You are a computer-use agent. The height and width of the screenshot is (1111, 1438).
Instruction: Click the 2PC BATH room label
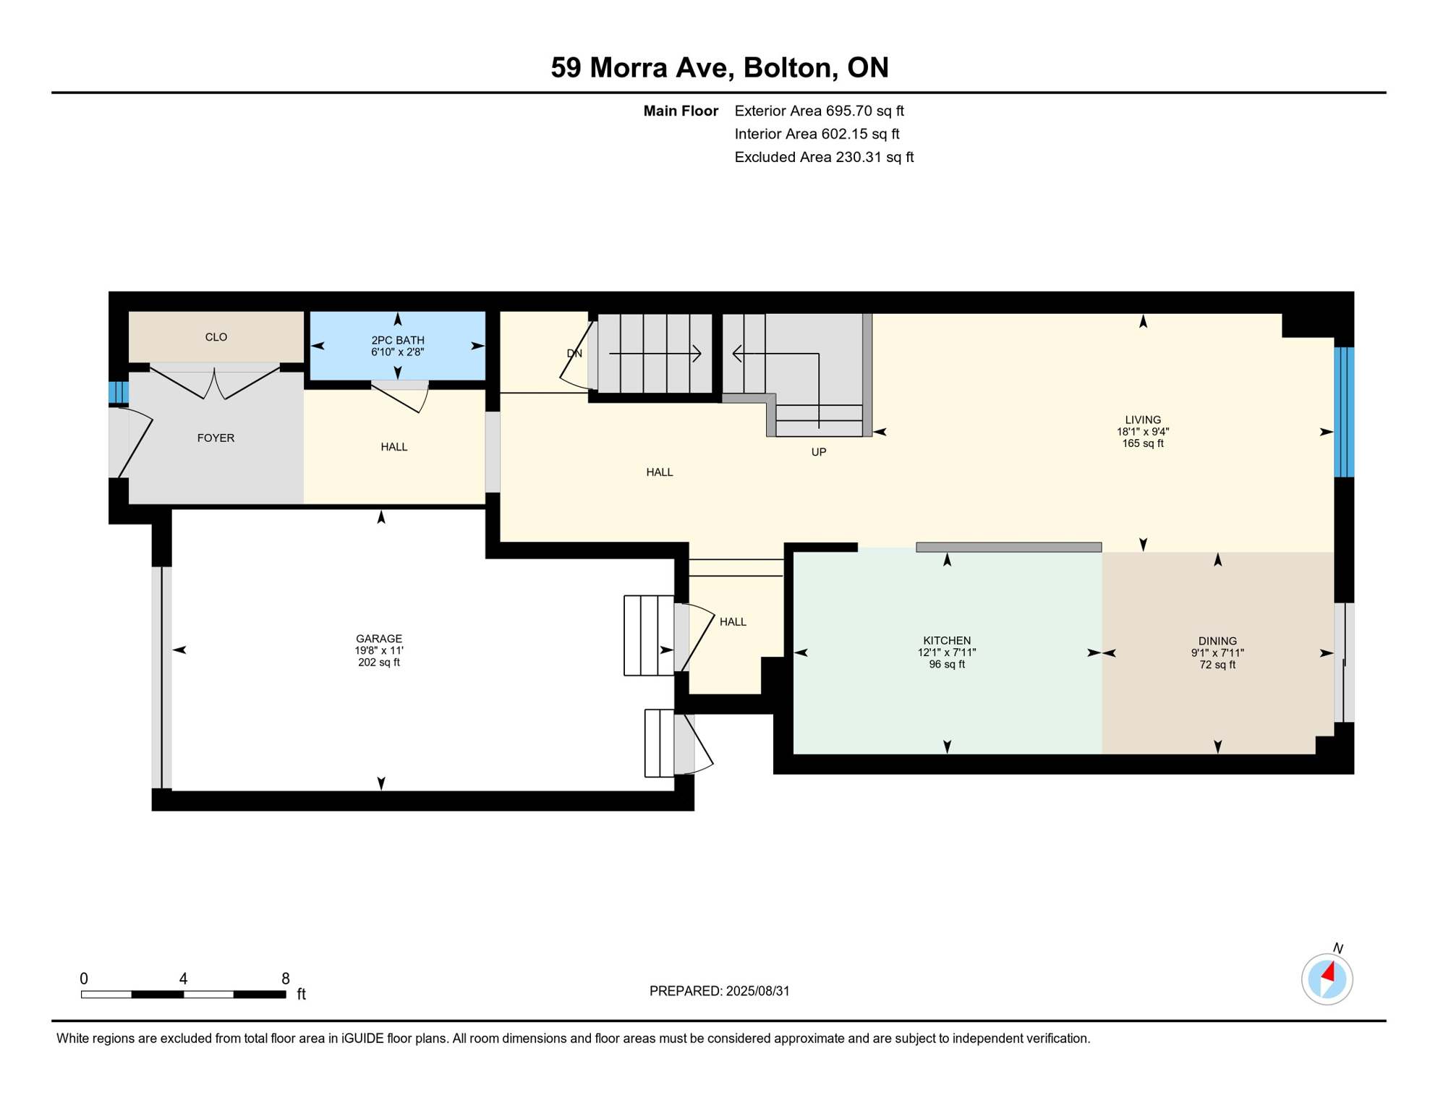click(397, 340)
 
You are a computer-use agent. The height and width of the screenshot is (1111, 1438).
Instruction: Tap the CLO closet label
click(216, 337)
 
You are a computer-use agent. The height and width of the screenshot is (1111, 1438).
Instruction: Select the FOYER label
click(216, 438)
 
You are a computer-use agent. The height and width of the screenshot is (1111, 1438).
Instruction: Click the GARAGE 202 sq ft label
click(378, 662)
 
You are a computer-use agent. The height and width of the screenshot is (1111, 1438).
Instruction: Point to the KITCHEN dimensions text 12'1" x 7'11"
click(946, 652)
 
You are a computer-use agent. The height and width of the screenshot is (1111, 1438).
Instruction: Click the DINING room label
click(1217, 641)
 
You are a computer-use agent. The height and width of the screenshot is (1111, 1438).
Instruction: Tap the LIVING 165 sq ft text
click(1142, 443)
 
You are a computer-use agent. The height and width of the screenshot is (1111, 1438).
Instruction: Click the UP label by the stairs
click(818, 452)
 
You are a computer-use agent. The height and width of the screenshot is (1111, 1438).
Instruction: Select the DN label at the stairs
click(574, 354)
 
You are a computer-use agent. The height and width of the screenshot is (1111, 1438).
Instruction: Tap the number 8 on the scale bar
click(286, 979)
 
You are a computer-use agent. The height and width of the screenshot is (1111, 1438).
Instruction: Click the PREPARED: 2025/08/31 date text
click(719, 991)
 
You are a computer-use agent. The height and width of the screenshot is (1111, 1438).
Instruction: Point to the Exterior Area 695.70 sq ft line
click(819, 111)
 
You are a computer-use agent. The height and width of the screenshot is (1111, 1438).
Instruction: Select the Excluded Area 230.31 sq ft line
click(824, 157)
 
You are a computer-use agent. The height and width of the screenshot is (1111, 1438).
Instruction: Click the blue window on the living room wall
click(1343, 412)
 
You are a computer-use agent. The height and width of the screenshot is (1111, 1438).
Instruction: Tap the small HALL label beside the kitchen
click(733, 622)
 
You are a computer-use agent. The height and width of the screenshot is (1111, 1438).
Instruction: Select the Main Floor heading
click(680, 111)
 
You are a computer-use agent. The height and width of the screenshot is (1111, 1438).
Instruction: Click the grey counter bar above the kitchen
click(1008, 548)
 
